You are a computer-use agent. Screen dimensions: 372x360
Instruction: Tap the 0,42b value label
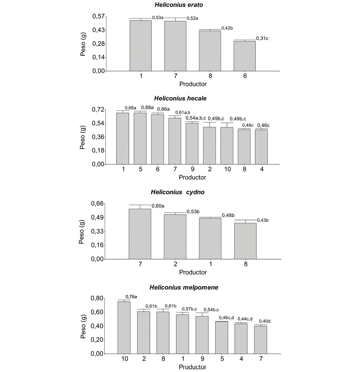click(x=227, y=28)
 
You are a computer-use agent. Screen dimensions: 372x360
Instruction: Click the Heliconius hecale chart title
click(x=180, y=99)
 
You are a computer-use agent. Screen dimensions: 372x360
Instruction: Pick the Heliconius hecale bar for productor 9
click(x=192, y=144)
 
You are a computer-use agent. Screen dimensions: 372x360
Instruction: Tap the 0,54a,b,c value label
click(x=196, y=118)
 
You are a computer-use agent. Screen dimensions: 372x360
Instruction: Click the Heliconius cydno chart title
click(x=180, y=192)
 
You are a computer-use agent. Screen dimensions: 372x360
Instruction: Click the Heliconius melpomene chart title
click(x=180, y=287)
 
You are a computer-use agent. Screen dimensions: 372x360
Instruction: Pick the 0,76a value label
click(x=131, y=297)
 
